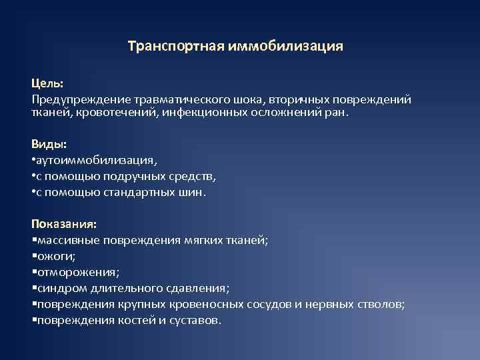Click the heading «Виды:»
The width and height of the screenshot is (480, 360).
point(49,143)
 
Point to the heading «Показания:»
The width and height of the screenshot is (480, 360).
point(64,223)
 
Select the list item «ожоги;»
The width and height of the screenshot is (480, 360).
point(57,256)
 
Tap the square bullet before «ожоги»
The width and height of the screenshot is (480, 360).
point(34,256)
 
